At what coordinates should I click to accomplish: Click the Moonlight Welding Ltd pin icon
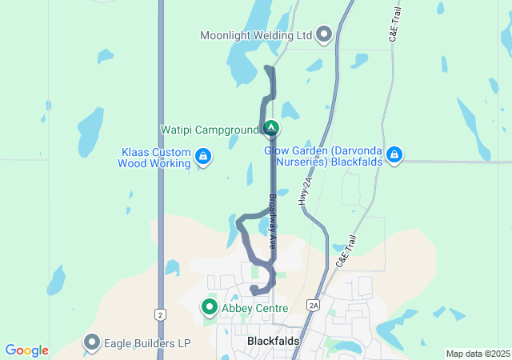click(x=324, y=34)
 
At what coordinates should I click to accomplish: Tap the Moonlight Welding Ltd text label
click(x=255, y=35)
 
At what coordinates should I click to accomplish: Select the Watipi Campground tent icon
click(x=271, y=128)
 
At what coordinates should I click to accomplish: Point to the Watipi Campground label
click(x=210, y=129)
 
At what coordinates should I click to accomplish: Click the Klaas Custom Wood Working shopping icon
click(x=203, y=156)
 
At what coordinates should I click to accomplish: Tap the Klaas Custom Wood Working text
click(x=155, y=158)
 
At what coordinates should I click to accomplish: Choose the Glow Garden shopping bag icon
click(x=394, y=154)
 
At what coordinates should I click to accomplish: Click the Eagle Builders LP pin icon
click(x=91, y=343)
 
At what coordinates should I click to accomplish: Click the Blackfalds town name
click(x=273, y=341)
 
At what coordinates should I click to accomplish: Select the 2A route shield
click(x=314, y=305)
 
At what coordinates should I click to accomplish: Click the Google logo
click(x=26, y=350)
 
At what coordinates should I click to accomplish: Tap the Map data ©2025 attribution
click(x=477, y=354)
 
